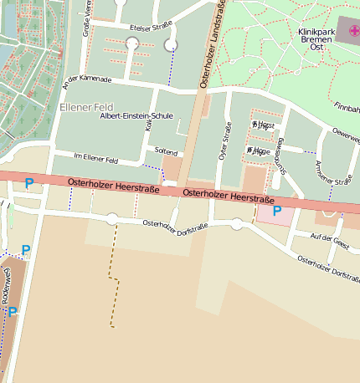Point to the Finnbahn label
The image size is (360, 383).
point(347,108)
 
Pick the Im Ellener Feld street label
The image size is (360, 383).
point(96,160)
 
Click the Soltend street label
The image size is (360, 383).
point(166,152)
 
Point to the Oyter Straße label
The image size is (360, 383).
point(224,140)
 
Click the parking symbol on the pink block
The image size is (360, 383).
point(276,212)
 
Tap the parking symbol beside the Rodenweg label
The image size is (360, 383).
point(13,312)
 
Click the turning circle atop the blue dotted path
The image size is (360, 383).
point(172,44)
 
